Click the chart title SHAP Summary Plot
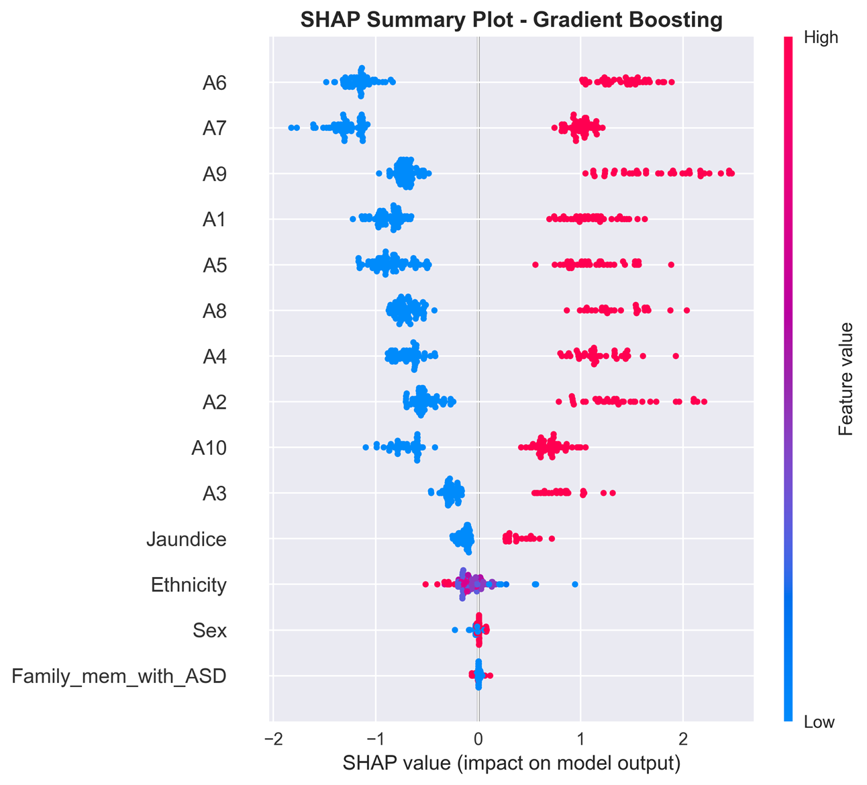coord(511,19)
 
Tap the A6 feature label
coord(214,83)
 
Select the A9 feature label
coord(214,174)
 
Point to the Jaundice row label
coord(187,539)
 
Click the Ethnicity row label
coord(189,585)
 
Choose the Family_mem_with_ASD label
coord(119,676)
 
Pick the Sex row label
coord(209,631)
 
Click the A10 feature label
coord(209,448)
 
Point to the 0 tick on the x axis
coord(478,739)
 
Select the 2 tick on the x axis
coord(683,739)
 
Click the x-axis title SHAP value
coord(511,764)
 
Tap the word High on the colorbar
coord(821,38)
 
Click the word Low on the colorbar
coord(819,723)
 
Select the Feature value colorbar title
coord(846,379)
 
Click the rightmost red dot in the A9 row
coord(731,174)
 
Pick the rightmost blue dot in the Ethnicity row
coord(574,584)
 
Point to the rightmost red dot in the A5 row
coord(671,265)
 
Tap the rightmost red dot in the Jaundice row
coord(552,538)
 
